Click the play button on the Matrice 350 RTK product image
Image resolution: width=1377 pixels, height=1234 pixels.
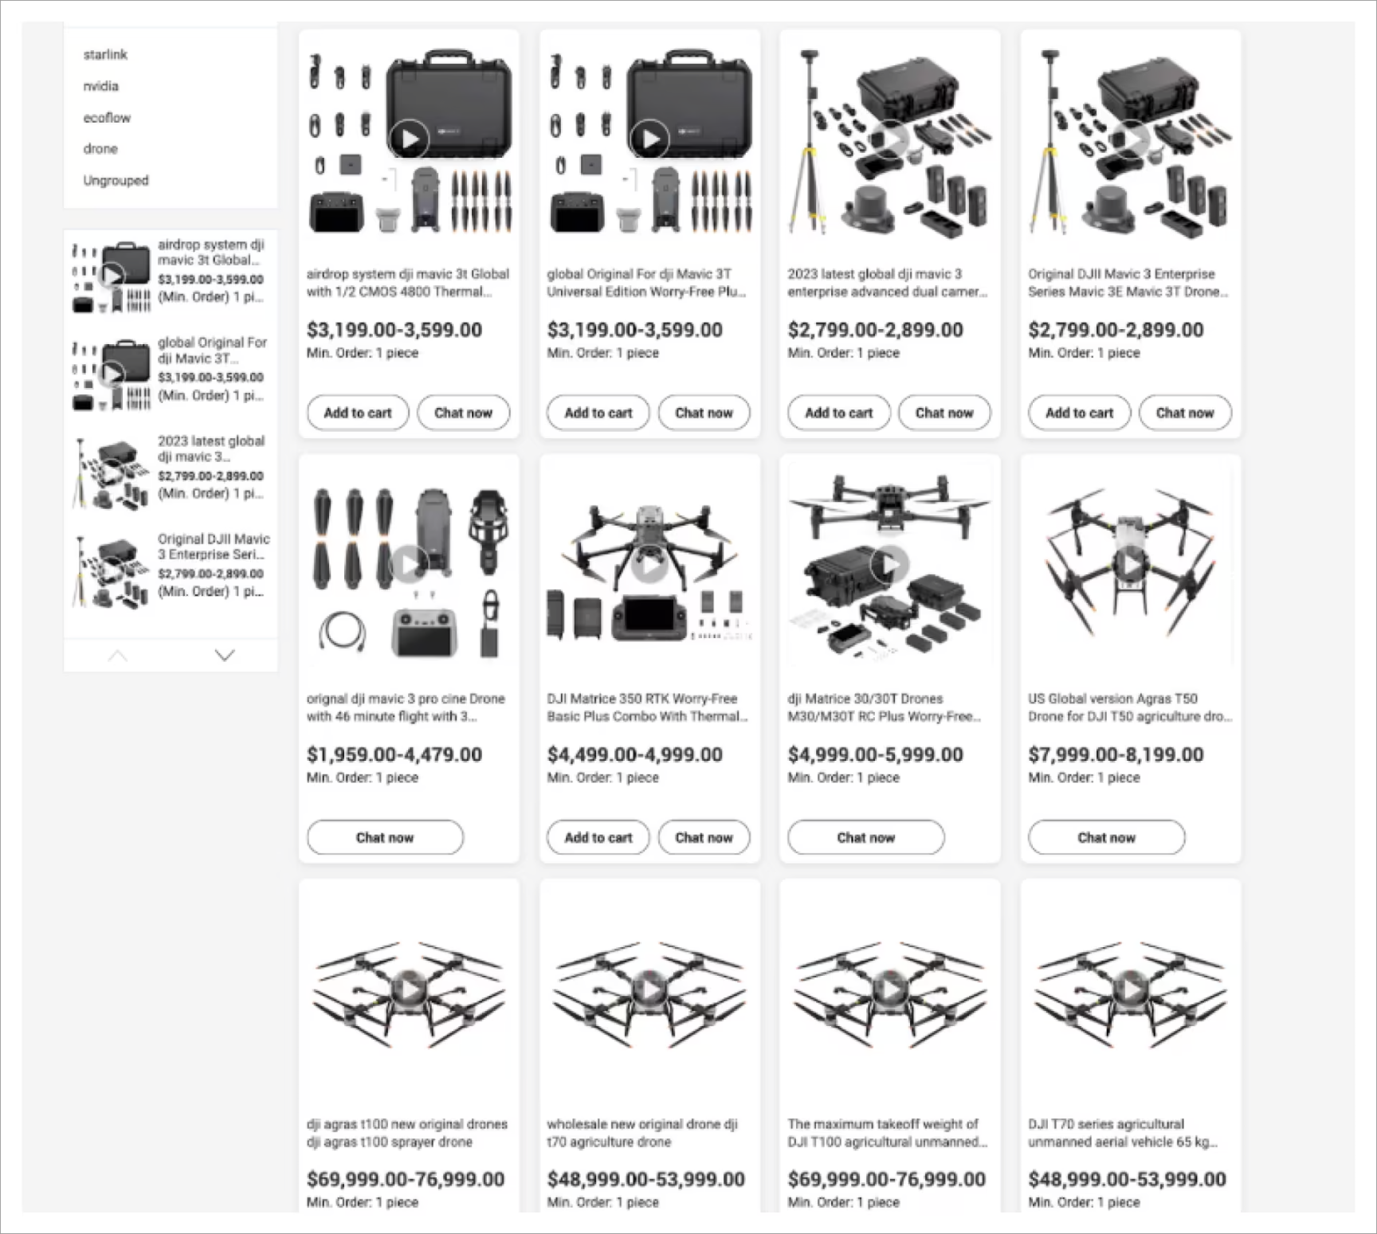click(649, 565)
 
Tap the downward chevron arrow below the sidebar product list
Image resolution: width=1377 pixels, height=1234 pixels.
click(225, 655)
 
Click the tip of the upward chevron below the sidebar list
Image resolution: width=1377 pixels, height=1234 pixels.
click(117, 650)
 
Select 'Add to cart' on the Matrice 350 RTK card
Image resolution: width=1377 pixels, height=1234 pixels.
click(598, 837)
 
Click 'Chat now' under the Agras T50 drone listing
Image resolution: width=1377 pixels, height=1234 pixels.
click(1106, 837)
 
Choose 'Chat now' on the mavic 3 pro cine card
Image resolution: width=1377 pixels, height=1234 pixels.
click(385, 837)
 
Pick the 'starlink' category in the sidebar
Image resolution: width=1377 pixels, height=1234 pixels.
click(105, 54)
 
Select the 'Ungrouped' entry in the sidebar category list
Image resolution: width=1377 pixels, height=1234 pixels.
click(116, 180)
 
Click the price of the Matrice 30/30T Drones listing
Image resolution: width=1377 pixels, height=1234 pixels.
click(875, 754)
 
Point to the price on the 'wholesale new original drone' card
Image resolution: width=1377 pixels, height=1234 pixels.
click(645, 1179)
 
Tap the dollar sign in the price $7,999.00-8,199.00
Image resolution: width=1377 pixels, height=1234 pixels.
click(1034, 754)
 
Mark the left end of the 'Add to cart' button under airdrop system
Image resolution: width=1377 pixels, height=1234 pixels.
click(308, 413)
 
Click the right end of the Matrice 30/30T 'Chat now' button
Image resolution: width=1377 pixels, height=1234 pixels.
click(943, 837)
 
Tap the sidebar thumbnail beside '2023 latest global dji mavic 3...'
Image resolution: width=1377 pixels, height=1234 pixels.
click(111, 473)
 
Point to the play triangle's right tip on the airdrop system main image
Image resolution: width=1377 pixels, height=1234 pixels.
click(419, 139)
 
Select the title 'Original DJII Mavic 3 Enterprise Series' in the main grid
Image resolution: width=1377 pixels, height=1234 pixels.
click(1128, 283)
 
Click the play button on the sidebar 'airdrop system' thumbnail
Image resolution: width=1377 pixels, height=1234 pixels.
click(112, 276)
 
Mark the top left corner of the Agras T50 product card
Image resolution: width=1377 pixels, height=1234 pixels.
click(1021, 455)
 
